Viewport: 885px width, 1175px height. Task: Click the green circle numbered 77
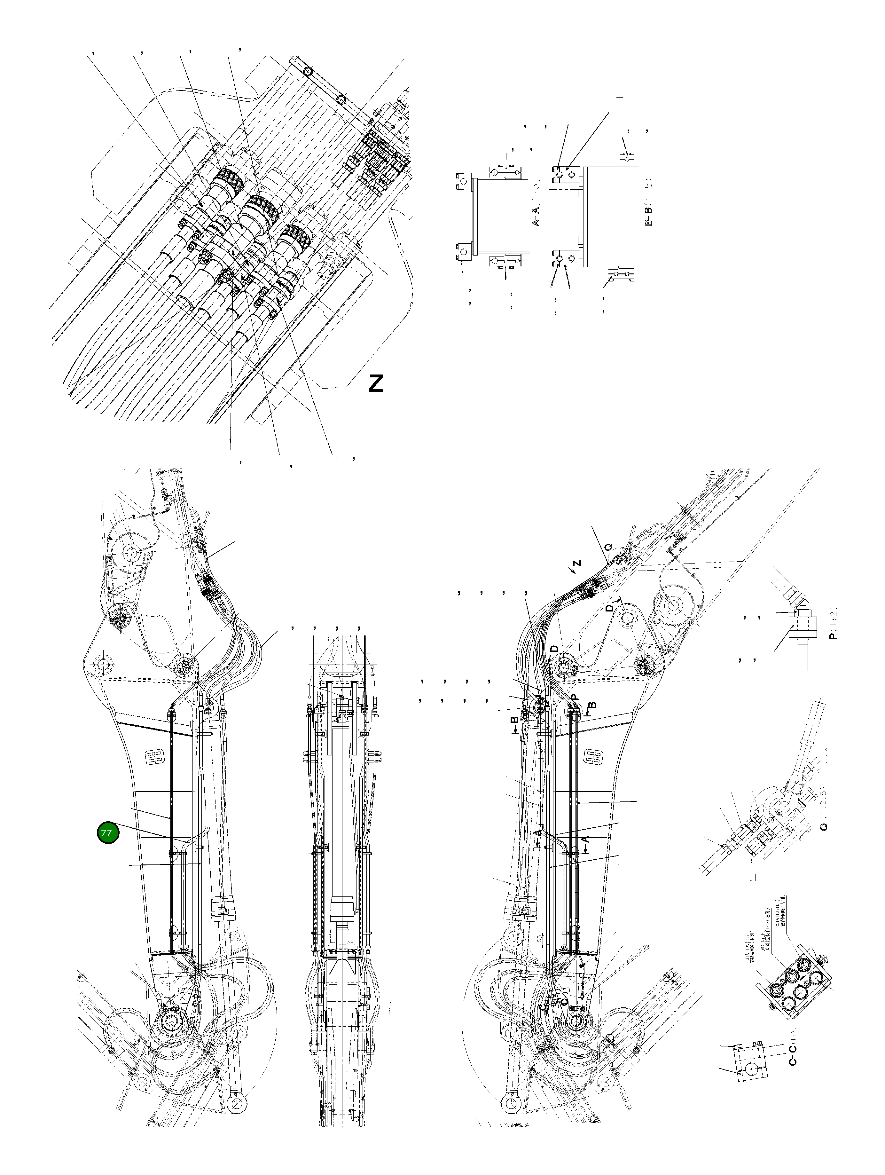[x=107, y=833]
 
